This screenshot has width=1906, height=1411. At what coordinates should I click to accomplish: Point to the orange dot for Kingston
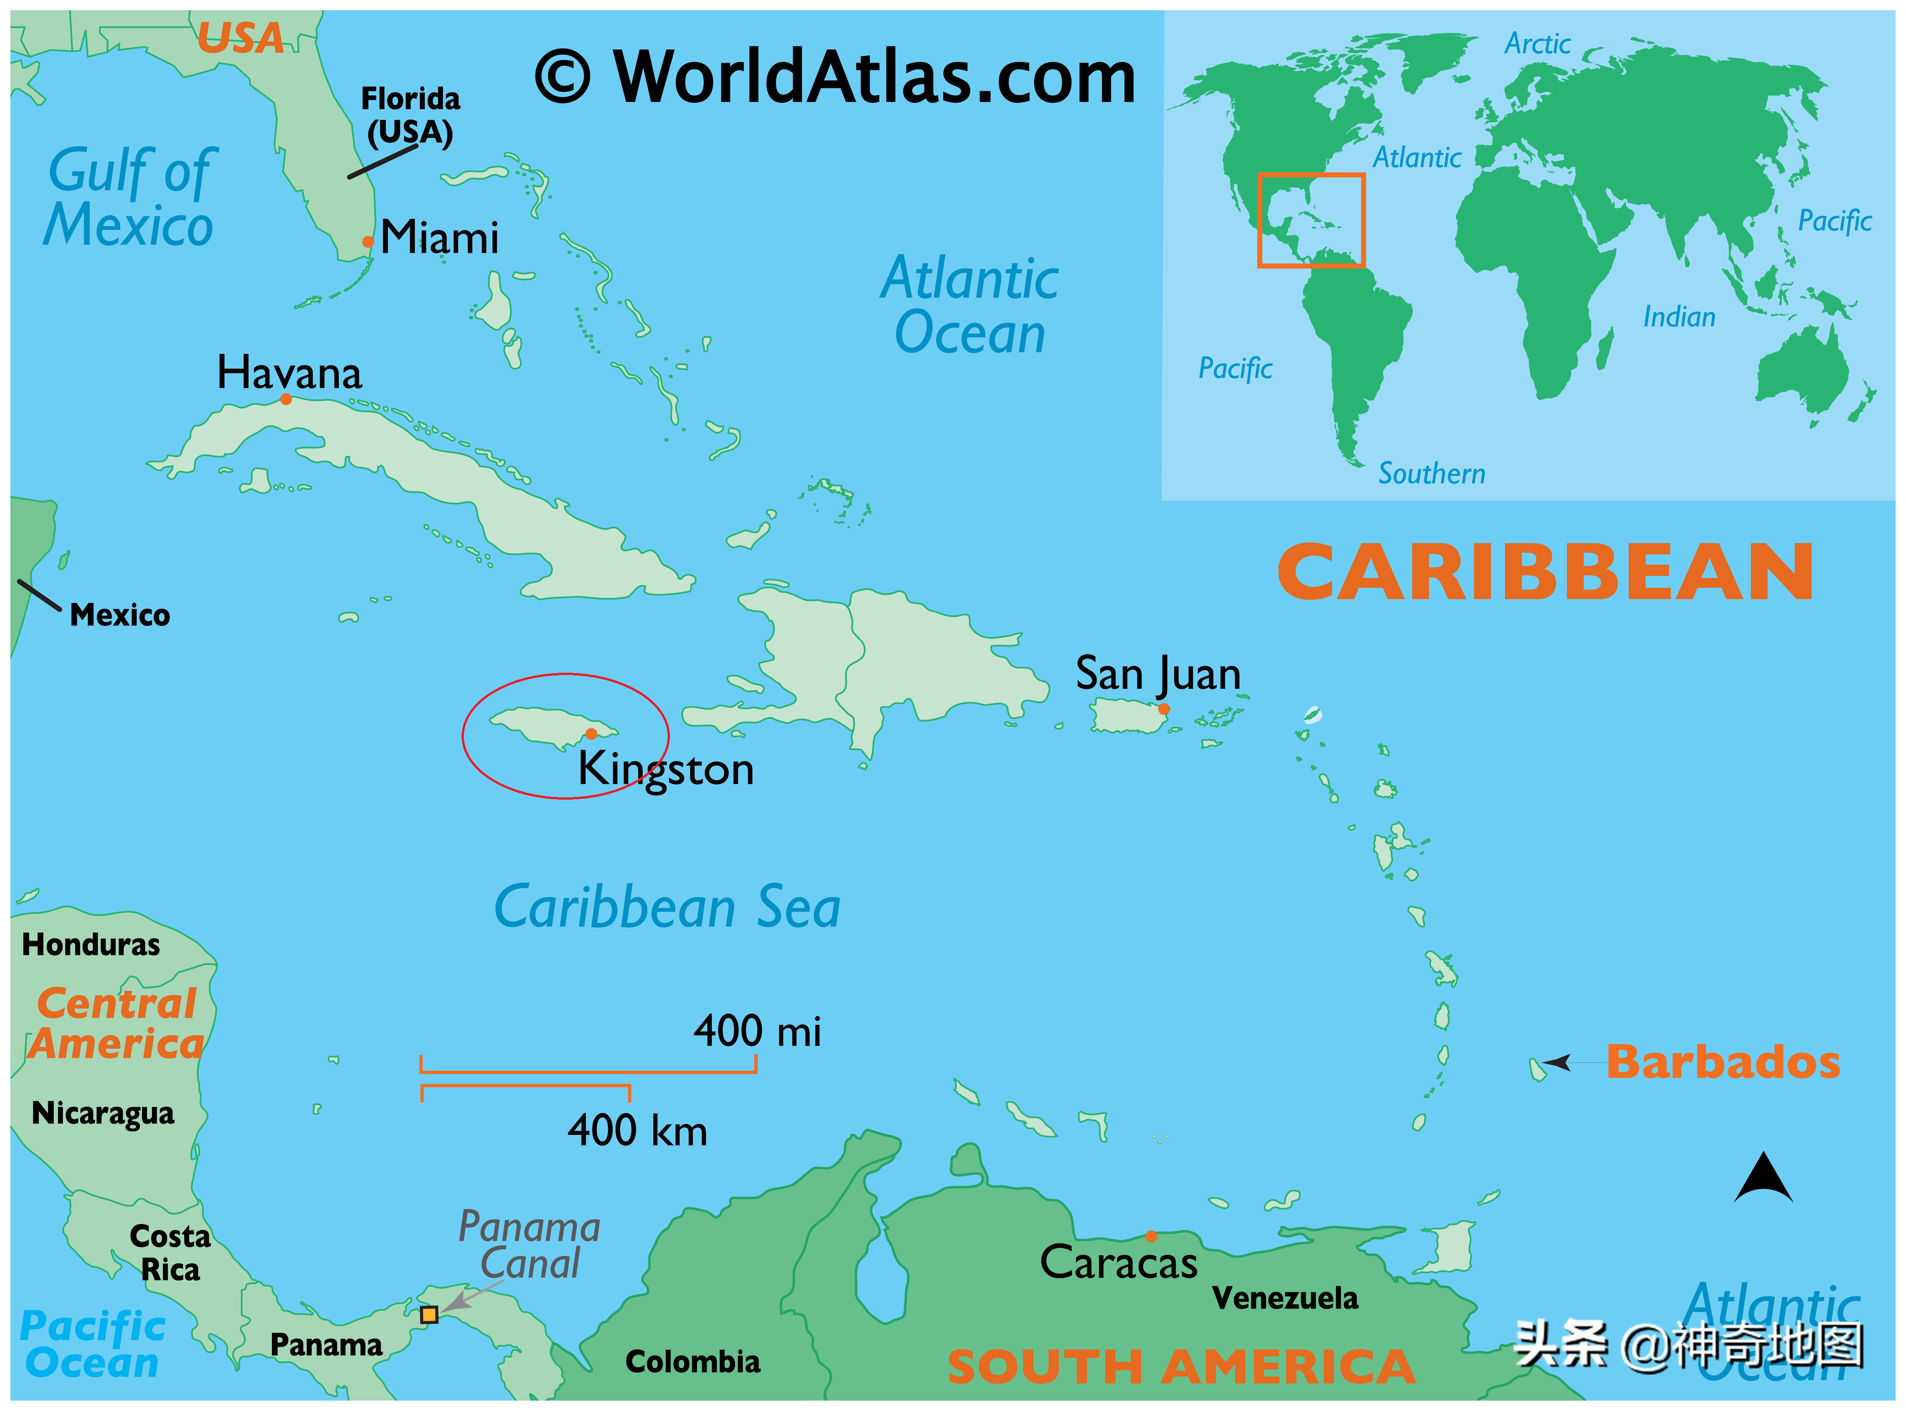(591, 734)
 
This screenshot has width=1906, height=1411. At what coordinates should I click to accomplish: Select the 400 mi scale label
(757, 1031)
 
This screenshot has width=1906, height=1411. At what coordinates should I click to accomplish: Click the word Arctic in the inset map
(1537, 44)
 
